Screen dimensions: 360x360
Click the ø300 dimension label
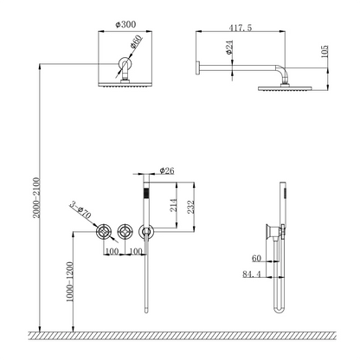coord(125,24)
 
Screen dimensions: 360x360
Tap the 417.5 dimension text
coord(241,28)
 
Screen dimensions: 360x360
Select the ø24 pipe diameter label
coord(229,48)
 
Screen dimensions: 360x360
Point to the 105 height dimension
coord(325,52)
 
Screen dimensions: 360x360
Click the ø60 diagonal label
coord(136,42)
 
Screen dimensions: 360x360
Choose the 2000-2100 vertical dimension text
coord(36,197)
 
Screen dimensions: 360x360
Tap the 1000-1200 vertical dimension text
coord(69,282)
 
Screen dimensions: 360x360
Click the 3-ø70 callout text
coord(80,210)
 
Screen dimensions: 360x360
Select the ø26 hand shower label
coord(167,170)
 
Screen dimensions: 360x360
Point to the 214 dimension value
coord(174,205)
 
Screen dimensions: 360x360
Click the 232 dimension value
coord(191,207)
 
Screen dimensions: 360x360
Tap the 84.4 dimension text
coord(252,273)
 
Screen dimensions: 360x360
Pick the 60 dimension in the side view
coord(256,258)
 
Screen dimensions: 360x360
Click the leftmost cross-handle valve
coord(103,231)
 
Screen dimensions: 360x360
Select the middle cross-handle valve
coord(125,231)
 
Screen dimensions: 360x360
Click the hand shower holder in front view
coord(146,232)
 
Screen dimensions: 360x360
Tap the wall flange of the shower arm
coord(198,68)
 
